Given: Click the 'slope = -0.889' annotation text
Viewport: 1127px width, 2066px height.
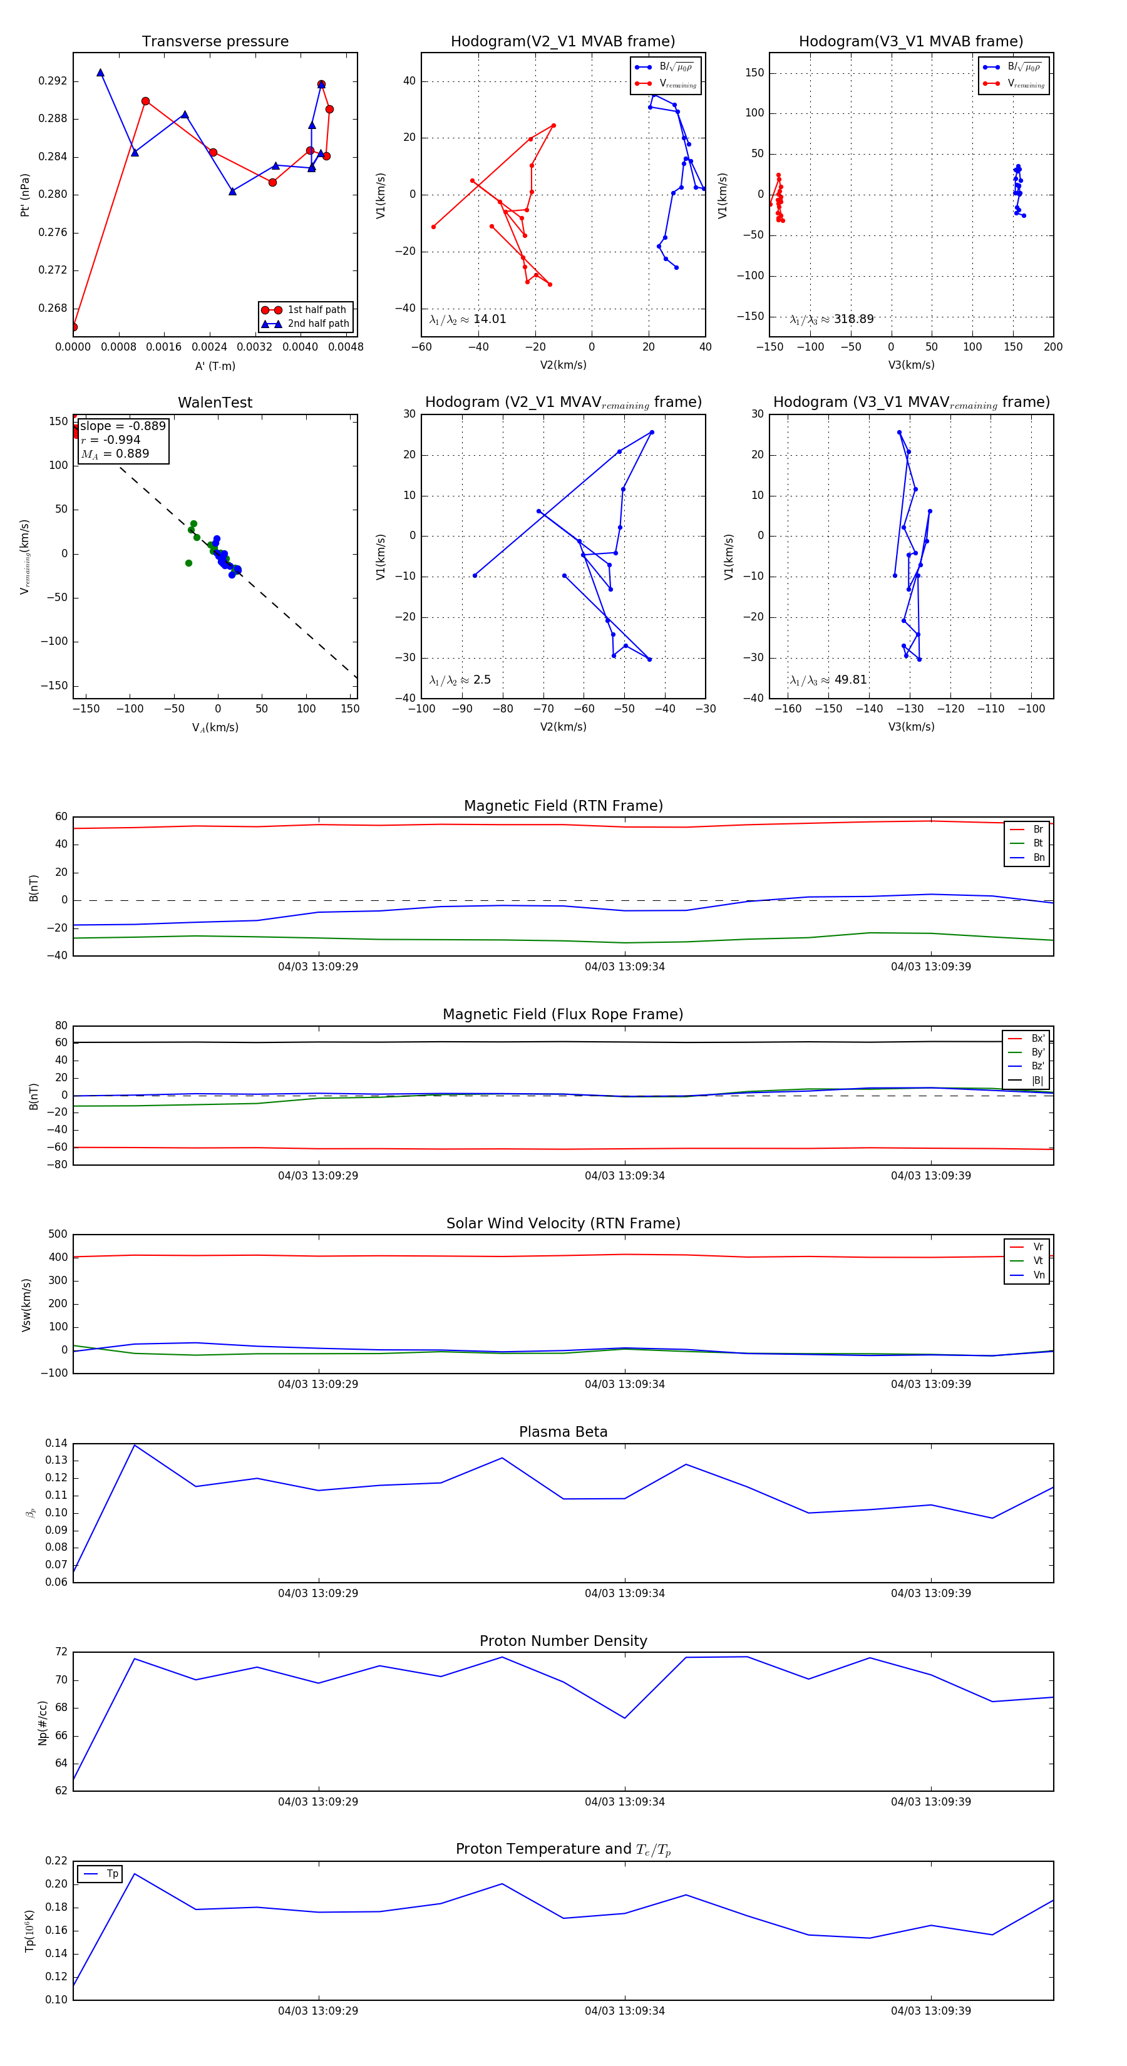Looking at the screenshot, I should [123, 426].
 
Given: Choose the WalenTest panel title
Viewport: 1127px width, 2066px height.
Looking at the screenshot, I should [215, 403].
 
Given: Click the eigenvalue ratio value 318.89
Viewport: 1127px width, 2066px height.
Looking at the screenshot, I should [853, 319].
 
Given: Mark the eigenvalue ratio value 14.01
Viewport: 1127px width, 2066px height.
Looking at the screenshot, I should [489, 319].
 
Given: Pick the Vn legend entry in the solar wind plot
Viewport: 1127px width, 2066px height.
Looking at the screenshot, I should [1039, 1275].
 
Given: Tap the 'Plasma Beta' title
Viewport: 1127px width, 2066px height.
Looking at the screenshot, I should [563, 1432].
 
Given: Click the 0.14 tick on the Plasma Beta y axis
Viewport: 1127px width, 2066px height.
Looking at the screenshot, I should [56, 1444].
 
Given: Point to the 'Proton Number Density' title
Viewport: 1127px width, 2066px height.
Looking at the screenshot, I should [563, 1641].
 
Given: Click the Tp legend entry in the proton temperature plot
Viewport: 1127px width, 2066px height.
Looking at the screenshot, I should [111, 1874].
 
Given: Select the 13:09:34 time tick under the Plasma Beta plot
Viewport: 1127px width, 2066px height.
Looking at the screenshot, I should [624, 1593].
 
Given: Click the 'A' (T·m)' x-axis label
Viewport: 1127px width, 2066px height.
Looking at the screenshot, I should [215, 366].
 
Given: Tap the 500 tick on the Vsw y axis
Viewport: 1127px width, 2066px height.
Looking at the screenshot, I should [58, 1235].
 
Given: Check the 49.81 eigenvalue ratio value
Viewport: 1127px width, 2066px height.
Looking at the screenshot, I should [850, 680].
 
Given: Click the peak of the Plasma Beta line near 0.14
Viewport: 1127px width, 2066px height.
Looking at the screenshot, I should [134, 1445].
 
